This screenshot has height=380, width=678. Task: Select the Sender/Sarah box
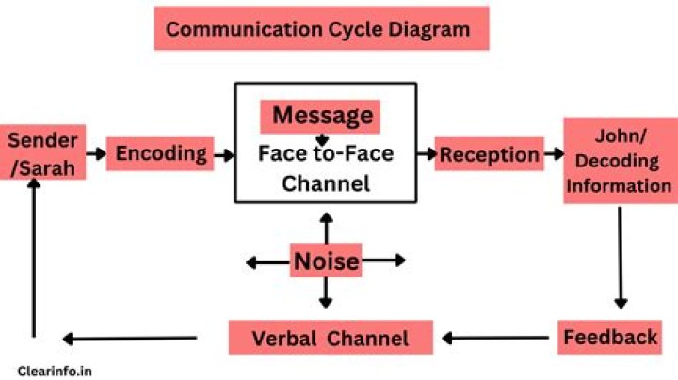[x=41, y=153]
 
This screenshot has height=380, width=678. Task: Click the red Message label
[x=321, y=117]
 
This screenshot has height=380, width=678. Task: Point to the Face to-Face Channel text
[x=326, y=168]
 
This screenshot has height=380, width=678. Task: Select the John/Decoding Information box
[x=618, y=159]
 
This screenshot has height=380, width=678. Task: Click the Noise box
[x=325, y=261]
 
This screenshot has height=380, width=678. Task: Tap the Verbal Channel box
[x=331, y=338]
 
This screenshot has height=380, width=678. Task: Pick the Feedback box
[x=611, y=337]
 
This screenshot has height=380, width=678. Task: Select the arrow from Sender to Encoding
[x=94, y=153]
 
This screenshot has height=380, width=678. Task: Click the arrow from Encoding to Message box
[x=224, y=153]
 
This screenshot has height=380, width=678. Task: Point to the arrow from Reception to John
[x=553, y=153]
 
